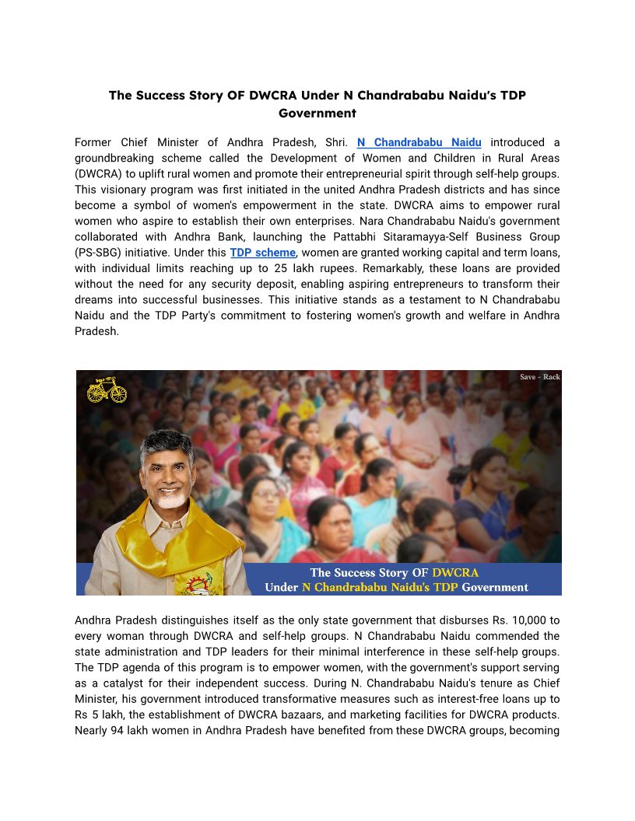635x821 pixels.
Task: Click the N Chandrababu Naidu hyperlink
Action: (419, 142)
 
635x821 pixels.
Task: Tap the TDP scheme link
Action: (262, 253)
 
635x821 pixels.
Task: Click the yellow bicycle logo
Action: (107, 390)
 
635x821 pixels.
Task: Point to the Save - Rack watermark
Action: (540, 377)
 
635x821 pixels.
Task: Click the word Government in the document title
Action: (317, 113)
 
